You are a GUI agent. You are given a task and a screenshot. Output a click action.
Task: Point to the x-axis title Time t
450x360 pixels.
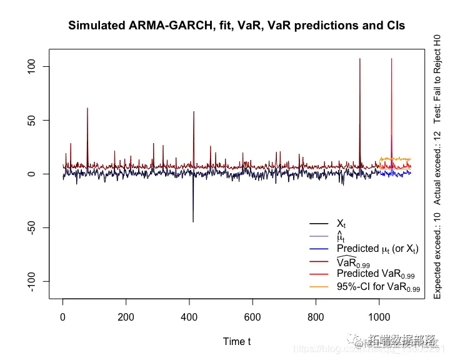click(237, 341)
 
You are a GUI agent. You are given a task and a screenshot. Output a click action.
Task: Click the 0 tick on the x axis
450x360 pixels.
click(62, 317)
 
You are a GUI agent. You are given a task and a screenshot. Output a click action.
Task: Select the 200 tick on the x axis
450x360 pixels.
click(126, 317)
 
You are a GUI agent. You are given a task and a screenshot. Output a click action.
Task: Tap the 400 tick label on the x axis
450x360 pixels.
click(189, 317)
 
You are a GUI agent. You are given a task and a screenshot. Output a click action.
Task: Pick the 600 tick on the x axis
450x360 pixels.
click(252, 317)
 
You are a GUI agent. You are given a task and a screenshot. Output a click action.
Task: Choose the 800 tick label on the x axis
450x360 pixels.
click(316, 317)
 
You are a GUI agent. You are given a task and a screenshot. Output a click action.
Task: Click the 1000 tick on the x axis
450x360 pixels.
click(379, 317)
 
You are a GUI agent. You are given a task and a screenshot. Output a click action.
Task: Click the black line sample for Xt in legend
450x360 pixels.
click(319, 224)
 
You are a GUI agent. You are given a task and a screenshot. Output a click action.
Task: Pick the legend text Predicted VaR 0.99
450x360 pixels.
click(378, 274)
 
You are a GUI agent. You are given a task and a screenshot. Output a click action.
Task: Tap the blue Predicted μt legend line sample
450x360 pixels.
click(319, 249)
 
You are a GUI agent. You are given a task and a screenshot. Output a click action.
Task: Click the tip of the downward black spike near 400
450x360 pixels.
click(192, 222)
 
